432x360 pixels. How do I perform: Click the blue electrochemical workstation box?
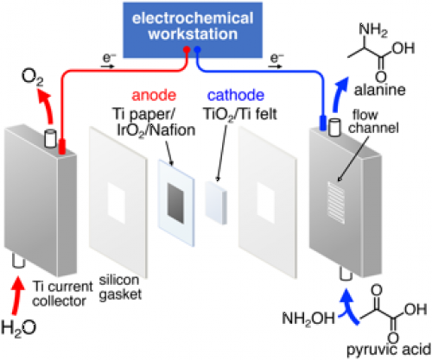pyautogui.click(x=193, y=30)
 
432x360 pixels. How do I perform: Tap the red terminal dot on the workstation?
pyautogui.click(x=187, y=49)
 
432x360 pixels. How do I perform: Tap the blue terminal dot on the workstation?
pyautogui.click(x=197, y=49)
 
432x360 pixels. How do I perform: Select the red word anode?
pyautogui.click(x=154, y=95)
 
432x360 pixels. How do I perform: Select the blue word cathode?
pyautogui.click(x=236, y=95)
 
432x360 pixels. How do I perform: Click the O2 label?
pyautogui.click(x=32, y=78)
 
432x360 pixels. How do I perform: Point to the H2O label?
pyautogui.click(x=19, y=328)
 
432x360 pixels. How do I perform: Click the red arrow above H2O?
pyautogui.click(x=17, y=295)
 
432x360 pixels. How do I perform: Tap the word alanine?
pyautogui.click(x=380, y=90)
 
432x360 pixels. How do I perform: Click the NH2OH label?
pyautogui.click(x=308, y=319)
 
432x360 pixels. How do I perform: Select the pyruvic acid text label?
pyautogui.click(x=389, y=350)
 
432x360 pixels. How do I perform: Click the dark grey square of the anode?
pyautogui.click(x=175, y=204)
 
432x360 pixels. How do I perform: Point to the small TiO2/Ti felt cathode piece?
pyautogui.click(x=216, y=203)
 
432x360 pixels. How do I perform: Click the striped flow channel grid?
pyautogui.click(x=336, y=203)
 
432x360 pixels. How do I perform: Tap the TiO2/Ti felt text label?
pyautogui.click(x=240, y=114)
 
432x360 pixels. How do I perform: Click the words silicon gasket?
pyautogui.click(x=120, y=287)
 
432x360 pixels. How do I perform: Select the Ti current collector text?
pyautogui.click(x=62, y=294)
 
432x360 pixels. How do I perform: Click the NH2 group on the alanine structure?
pyautogui.click(x=373, y=30)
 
